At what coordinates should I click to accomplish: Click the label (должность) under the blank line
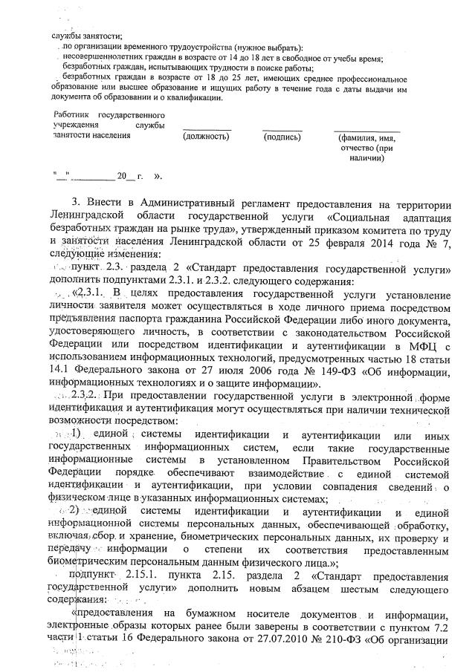coord(206,137)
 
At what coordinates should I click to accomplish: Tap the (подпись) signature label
coord(281,137)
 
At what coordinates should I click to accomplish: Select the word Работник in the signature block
coord(71,116)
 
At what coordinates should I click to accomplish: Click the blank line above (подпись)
coord(282,129)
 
